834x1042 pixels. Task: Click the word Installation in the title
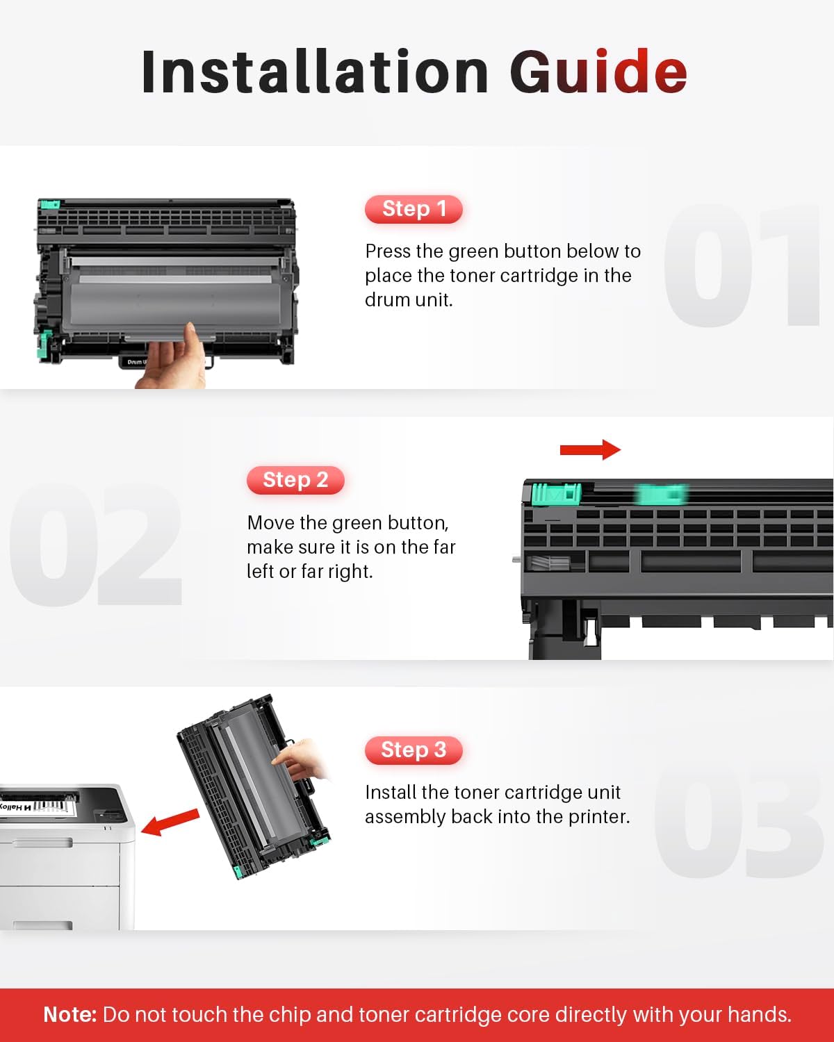(315, 71)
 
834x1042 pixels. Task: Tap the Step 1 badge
(414, 209)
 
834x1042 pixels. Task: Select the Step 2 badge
(295, 480)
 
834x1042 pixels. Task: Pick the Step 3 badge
(414, 750)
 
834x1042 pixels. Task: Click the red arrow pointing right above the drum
(590, 450)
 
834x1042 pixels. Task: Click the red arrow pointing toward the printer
(170, 822)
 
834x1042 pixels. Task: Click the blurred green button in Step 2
(662, 495)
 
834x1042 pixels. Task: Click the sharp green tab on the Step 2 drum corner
(556, 494)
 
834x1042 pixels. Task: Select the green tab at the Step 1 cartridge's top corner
(49, 204)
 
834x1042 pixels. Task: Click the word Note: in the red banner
(70, 1014)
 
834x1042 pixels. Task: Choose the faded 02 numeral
(95, 544)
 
